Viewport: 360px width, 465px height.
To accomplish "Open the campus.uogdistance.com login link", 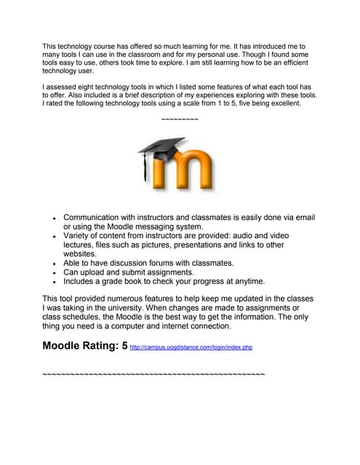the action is click(191, 348).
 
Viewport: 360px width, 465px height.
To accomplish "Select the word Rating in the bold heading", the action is click(97, 346).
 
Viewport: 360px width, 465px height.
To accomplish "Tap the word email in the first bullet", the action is click(302, 217).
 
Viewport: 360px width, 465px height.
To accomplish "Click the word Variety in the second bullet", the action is click(79, 236).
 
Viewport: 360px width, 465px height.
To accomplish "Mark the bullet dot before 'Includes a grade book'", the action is click(55, 282).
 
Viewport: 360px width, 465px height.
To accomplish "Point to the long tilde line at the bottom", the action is click(153, 373).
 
